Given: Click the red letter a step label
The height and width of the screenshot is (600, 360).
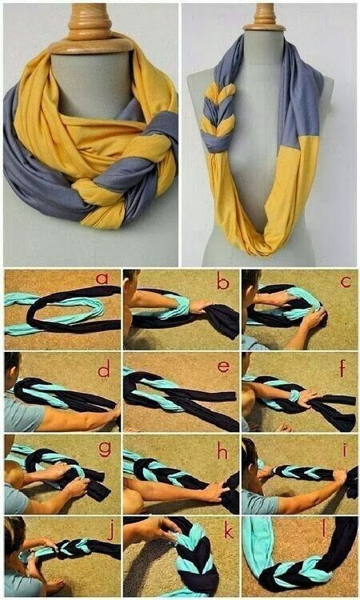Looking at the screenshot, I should tap(102, 279).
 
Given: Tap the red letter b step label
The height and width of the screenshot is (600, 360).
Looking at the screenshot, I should tap(222, 282).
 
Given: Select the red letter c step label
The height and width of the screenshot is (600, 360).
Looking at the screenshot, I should tap(345, 282).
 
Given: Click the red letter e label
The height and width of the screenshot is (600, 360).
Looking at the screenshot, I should tap(223, 367).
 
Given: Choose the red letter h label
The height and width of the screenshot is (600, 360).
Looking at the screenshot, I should tap(222, 450).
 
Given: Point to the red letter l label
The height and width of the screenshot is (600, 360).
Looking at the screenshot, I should tap(345, 530).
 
